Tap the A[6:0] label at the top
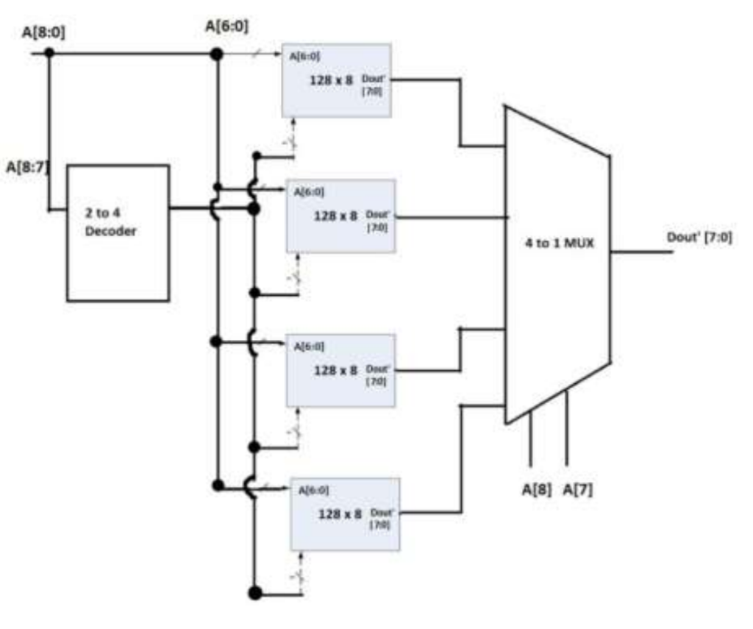coord(226,27)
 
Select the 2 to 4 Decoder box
coord(118,232)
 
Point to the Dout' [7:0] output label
coord(699,238)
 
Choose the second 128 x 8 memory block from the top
coord(340,216)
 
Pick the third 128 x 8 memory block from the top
coord(340,370)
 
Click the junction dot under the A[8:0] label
coord(49,54)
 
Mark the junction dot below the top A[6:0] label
coord(216,54)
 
